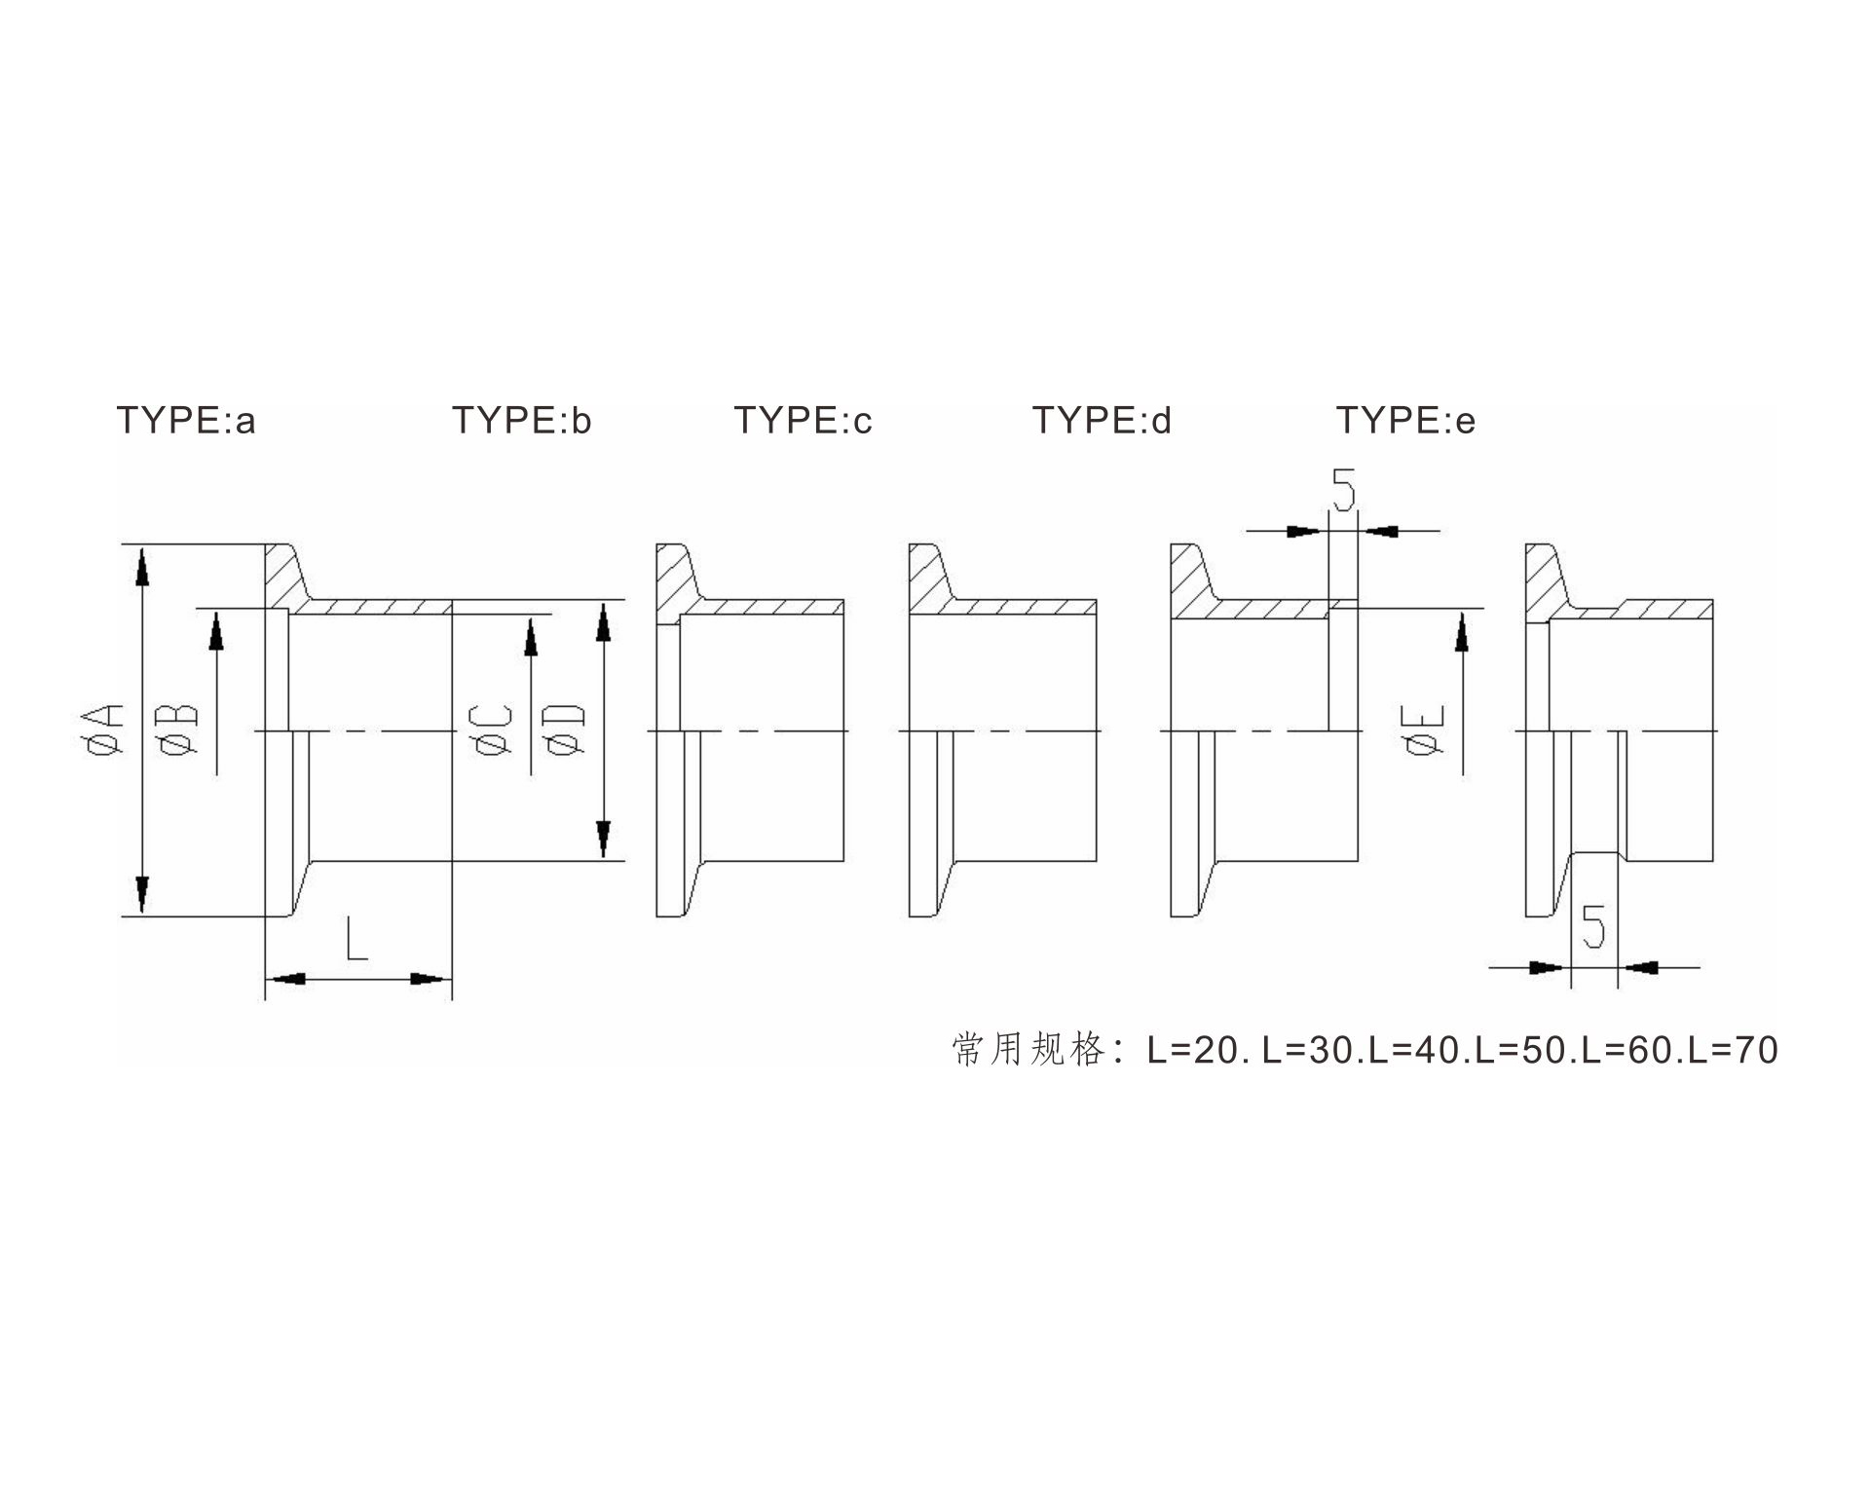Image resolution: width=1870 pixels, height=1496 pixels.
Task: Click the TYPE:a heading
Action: (x=186, y=421)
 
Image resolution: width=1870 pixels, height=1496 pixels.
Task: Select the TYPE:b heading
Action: (x=521, y=421)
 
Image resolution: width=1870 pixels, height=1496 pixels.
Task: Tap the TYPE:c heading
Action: (x=803, y=421)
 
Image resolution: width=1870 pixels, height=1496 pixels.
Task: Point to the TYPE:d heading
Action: (x=1102, y=421)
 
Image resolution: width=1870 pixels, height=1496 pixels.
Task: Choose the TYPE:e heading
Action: (x=1405, y=421)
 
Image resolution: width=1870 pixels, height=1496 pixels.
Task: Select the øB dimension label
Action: (x=180, y=730)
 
